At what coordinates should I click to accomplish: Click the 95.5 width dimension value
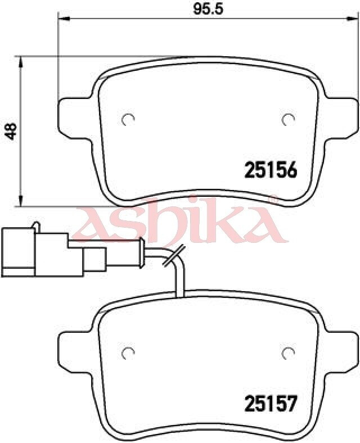(x=208, y=9)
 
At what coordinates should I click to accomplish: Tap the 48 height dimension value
(x=12, y=132)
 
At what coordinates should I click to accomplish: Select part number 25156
(x=271, y=170)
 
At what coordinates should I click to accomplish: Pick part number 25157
(x=271, y=404)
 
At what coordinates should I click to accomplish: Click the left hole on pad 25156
(x=128, y=120)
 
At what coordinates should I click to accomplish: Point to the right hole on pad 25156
(x=288, y=120)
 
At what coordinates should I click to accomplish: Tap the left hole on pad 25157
(x=128, y=353)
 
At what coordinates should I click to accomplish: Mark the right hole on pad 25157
(x=288, y=353)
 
